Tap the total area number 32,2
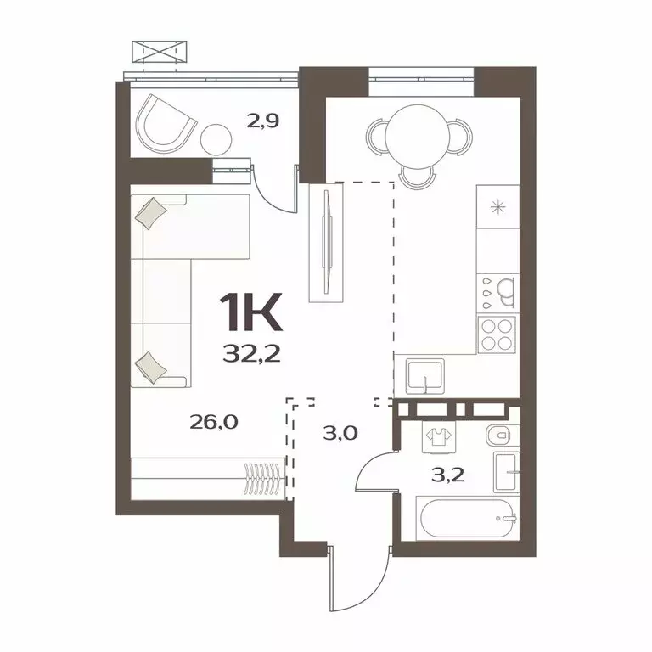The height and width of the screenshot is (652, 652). click(x=252, y=353)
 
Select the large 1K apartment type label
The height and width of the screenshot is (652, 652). click(x=251, y=314)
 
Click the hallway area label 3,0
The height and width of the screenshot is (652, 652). click(x=340, y=432)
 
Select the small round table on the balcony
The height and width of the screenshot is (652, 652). click(x=216, y=138)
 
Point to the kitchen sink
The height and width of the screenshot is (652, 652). click(x=424, y=374)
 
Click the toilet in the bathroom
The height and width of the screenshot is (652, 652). click(x=498, y=436)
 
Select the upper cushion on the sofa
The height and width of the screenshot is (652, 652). click(x=151, y=213)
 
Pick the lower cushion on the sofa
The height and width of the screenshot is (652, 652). click(x=151, y=364)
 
